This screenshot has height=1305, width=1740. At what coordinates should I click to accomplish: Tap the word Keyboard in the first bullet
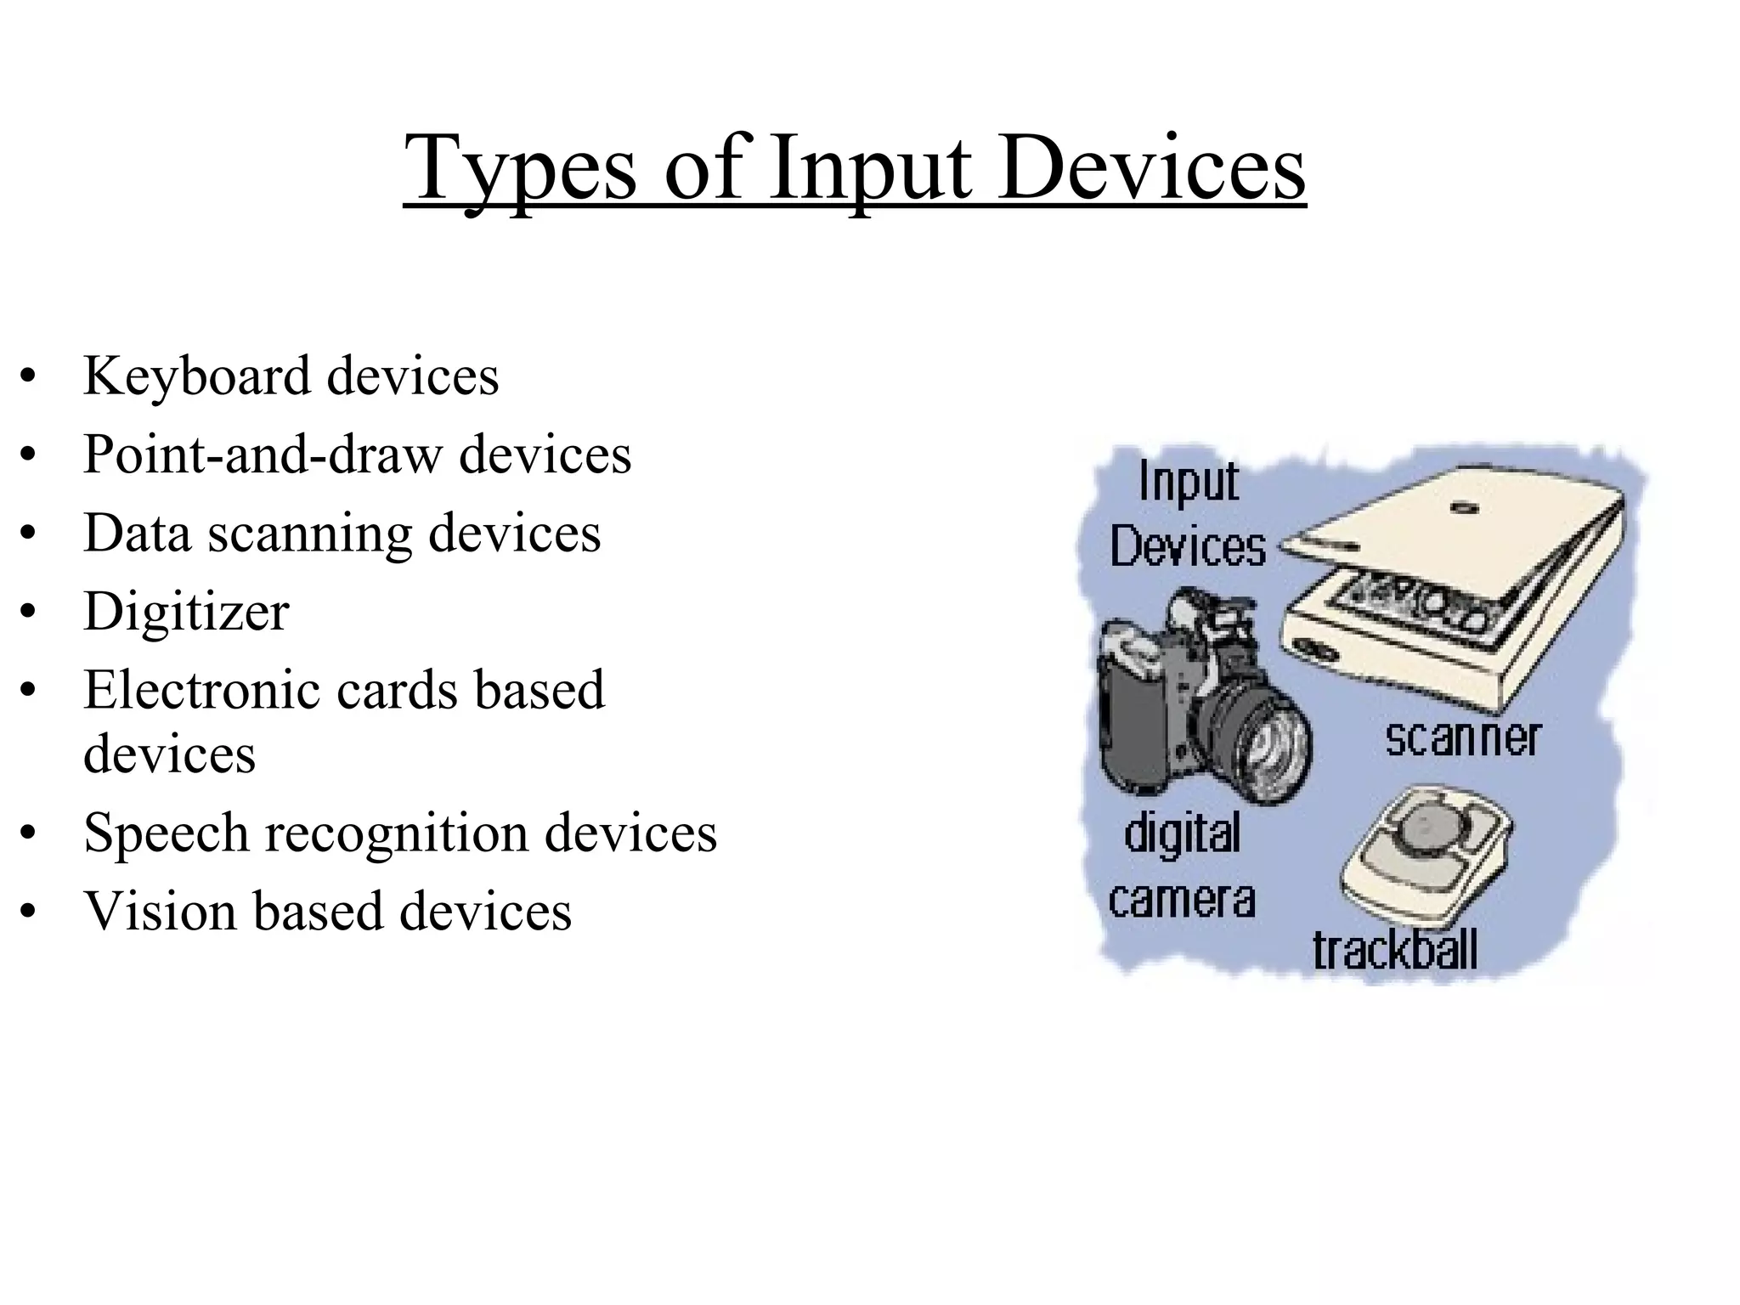click(x=196, y=376)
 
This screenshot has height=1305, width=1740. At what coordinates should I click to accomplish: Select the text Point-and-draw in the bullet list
click(x=263, y=455)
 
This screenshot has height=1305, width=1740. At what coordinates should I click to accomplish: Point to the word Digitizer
click(x=186, y=612)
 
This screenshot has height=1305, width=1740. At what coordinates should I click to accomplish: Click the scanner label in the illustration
click(x=1462, y=738)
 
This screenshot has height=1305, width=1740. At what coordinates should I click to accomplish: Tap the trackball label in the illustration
click(x=1395, y=951)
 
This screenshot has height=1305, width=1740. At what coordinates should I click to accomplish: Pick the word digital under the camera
click(x=1182, y=834)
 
